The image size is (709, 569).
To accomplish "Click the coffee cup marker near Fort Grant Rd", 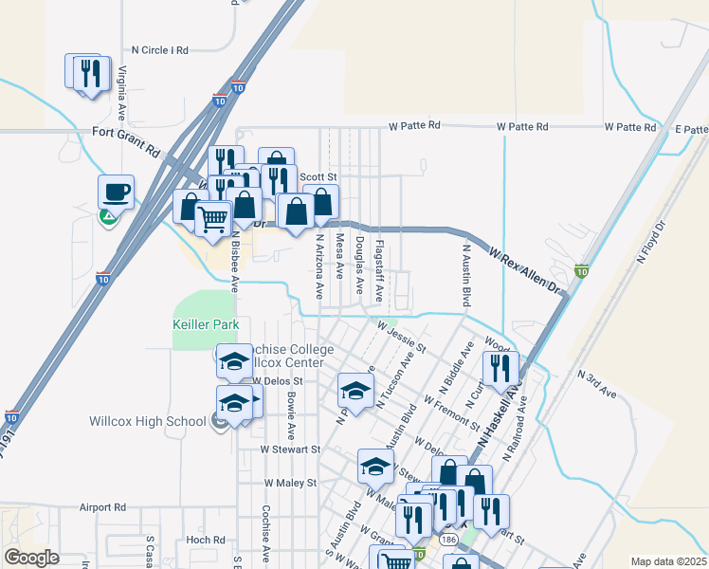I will point(116,193).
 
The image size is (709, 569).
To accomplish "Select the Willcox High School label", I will point(147,421).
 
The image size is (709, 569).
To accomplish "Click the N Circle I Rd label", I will point(160,49).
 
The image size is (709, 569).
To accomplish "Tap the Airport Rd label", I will point(103,507).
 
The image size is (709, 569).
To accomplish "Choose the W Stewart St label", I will point(292,450).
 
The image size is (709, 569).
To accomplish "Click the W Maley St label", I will point(293,483).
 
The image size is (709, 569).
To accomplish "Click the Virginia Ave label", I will point(122,89).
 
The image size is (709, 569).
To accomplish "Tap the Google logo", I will point(31,558).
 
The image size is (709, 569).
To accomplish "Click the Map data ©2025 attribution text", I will point(667,561).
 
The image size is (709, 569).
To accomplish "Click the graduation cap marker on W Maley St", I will point(375,467).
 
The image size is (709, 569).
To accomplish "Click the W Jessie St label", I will point(401,337).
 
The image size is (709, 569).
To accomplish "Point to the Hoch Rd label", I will point(205,540).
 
